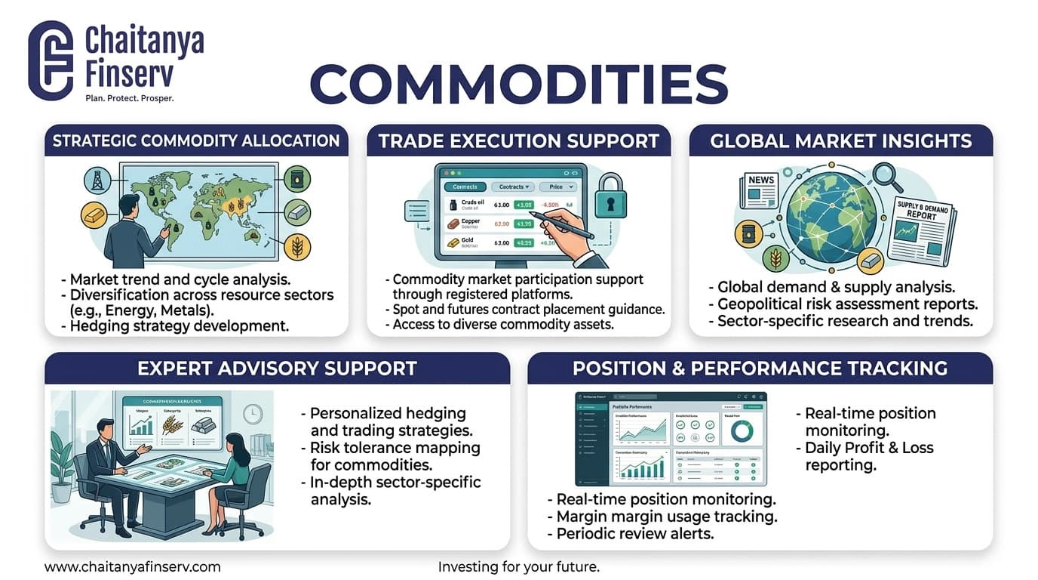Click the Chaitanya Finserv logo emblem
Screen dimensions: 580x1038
50,60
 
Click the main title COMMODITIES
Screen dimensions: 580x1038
518,84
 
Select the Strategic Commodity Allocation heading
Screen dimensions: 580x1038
196,140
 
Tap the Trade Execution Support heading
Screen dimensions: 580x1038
518,140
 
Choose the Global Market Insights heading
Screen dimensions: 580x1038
840,140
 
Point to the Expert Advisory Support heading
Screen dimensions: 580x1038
277,369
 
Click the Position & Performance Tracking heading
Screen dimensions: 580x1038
760,369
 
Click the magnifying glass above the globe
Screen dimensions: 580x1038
887,178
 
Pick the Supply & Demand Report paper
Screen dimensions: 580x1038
921,230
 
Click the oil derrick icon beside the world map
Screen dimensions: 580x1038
97,180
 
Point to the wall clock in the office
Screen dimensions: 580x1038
253,413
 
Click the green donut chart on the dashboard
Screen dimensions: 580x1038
742,430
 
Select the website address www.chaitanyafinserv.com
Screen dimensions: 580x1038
133,566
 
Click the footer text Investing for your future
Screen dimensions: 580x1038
518,566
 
